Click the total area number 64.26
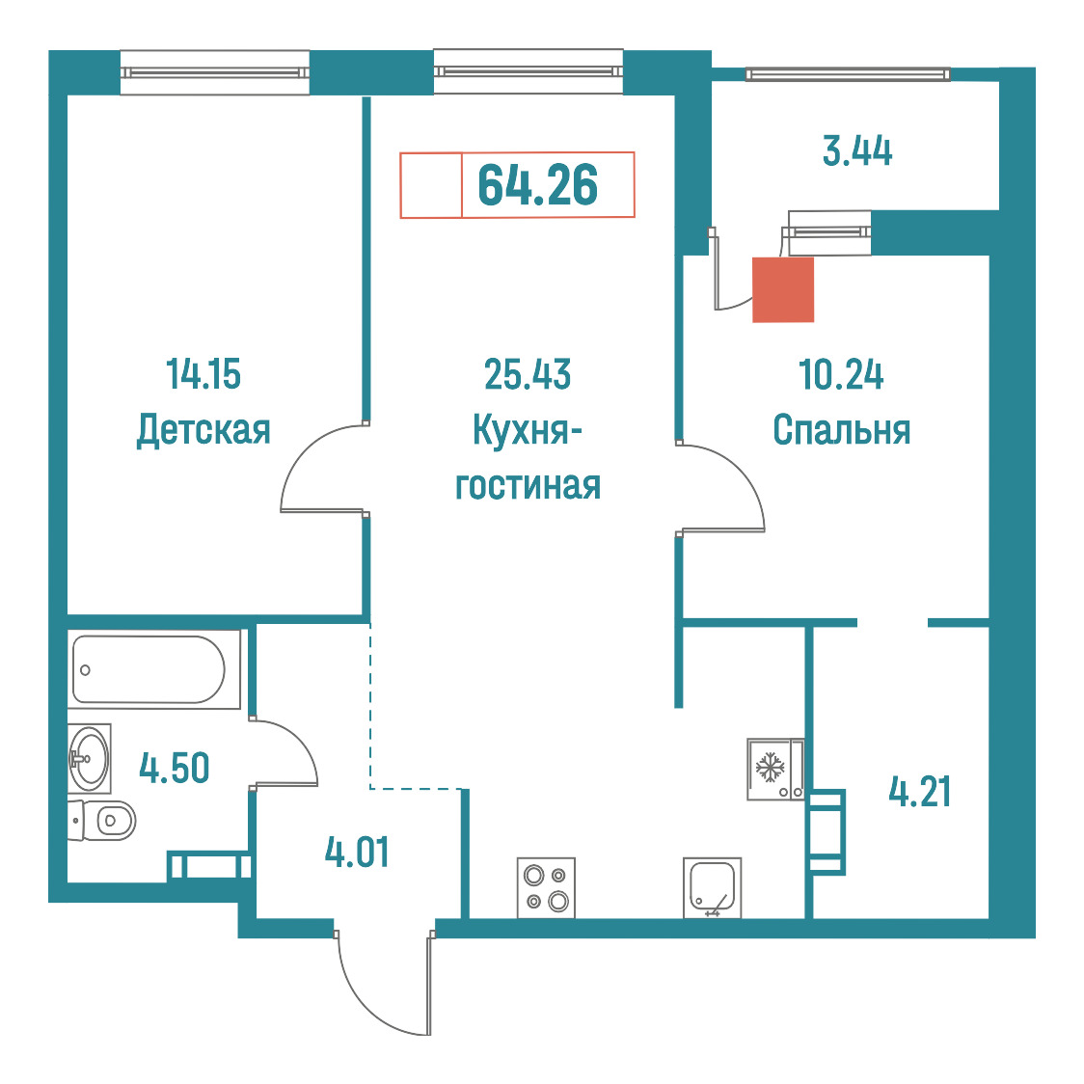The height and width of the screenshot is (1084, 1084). pos(538,185)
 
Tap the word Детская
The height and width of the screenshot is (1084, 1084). pos(203,430)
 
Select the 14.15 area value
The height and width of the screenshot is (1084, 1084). pos(203,374)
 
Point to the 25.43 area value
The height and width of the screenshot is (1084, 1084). pos(528,374)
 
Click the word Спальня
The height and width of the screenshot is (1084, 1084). pos(841,430)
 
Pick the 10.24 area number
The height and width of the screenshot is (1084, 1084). pos(841,374)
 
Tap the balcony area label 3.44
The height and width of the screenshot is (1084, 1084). pos(857,150)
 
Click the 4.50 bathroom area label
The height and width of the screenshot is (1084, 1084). pos(175,768)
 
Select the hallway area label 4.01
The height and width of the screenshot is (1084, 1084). pos(357,852)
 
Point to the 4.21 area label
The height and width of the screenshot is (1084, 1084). pos(919,792)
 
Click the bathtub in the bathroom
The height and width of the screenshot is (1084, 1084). pos(149,670)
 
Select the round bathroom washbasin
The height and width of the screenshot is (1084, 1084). pos(89,758)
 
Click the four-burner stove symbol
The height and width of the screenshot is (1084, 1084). pos(546,888)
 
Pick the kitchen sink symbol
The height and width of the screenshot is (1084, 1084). pos(712,888)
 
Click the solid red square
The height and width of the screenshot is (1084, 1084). pos(782,289)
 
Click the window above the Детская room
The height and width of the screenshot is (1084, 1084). pos(214,72)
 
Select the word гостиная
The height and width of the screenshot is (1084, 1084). pos(528,486)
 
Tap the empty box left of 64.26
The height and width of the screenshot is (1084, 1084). pos(431,185)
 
